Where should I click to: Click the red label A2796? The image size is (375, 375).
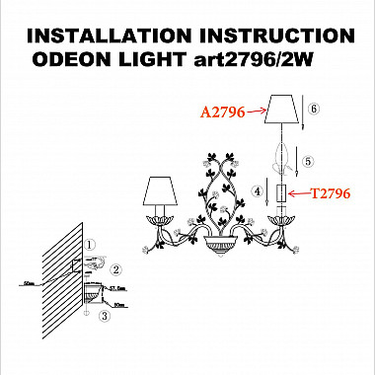[222, 114]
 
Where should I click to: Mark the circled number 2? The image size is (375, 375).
[115, 268]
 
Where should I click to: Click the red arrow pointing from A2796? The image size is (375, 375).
[255, 114]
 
